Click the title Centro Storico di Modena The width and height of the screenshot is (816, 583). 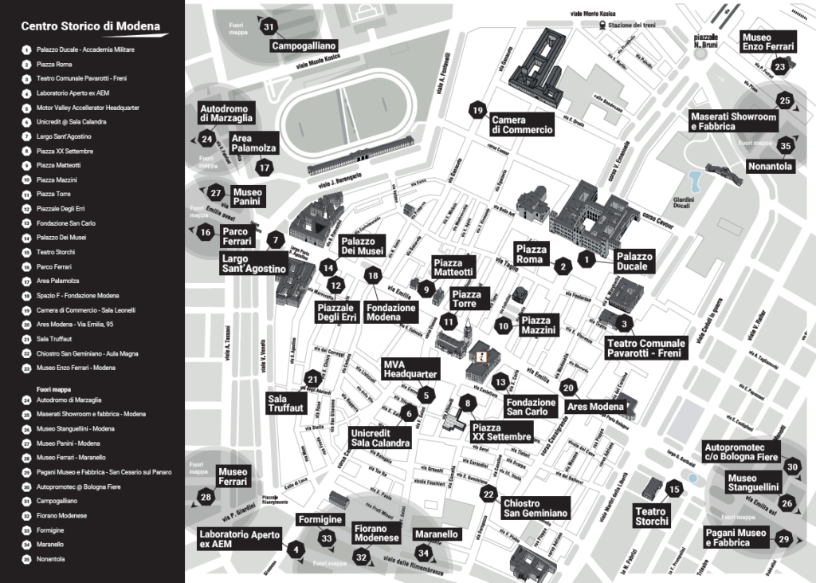90,26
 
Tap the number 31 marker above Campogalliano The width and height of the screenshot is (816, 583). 269,26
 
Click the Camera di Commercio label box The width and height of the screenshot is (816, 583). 521,125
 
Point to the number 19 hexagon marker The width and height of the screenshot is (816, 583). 477,110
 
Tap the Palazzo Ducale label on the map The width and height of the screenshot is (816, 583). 634,261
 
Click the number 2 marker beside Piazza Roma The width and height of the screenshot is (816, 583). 563,266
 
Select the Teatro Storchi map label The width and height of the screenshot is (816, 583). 651,516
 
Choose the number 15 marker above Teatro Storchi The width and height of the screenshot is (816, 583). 674,490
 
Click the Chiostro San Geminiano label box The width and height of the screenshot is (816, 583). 535,508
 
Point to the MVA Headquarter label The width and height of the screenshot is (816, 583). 410,368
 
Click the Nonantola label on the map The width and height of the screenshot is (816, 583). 770,167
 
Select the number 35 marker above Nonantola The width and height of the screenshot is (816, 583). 786,145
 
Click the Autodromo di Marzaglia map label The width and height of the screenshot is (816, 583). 226,113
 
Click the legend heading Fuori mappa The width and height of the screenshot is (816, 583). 53,388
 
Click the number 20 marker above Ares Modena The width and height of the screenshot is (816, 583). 567,388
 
